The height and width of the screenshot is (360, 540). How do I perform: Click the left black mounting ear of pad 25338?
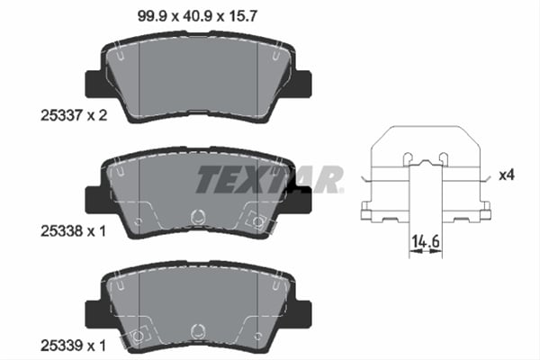click(94, 200)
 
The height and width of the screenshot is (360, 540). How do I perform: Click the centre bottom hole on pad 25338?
click(199, 216)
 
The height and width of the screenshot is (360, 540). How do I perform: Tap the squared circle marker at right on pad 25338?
click(260, 221)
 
